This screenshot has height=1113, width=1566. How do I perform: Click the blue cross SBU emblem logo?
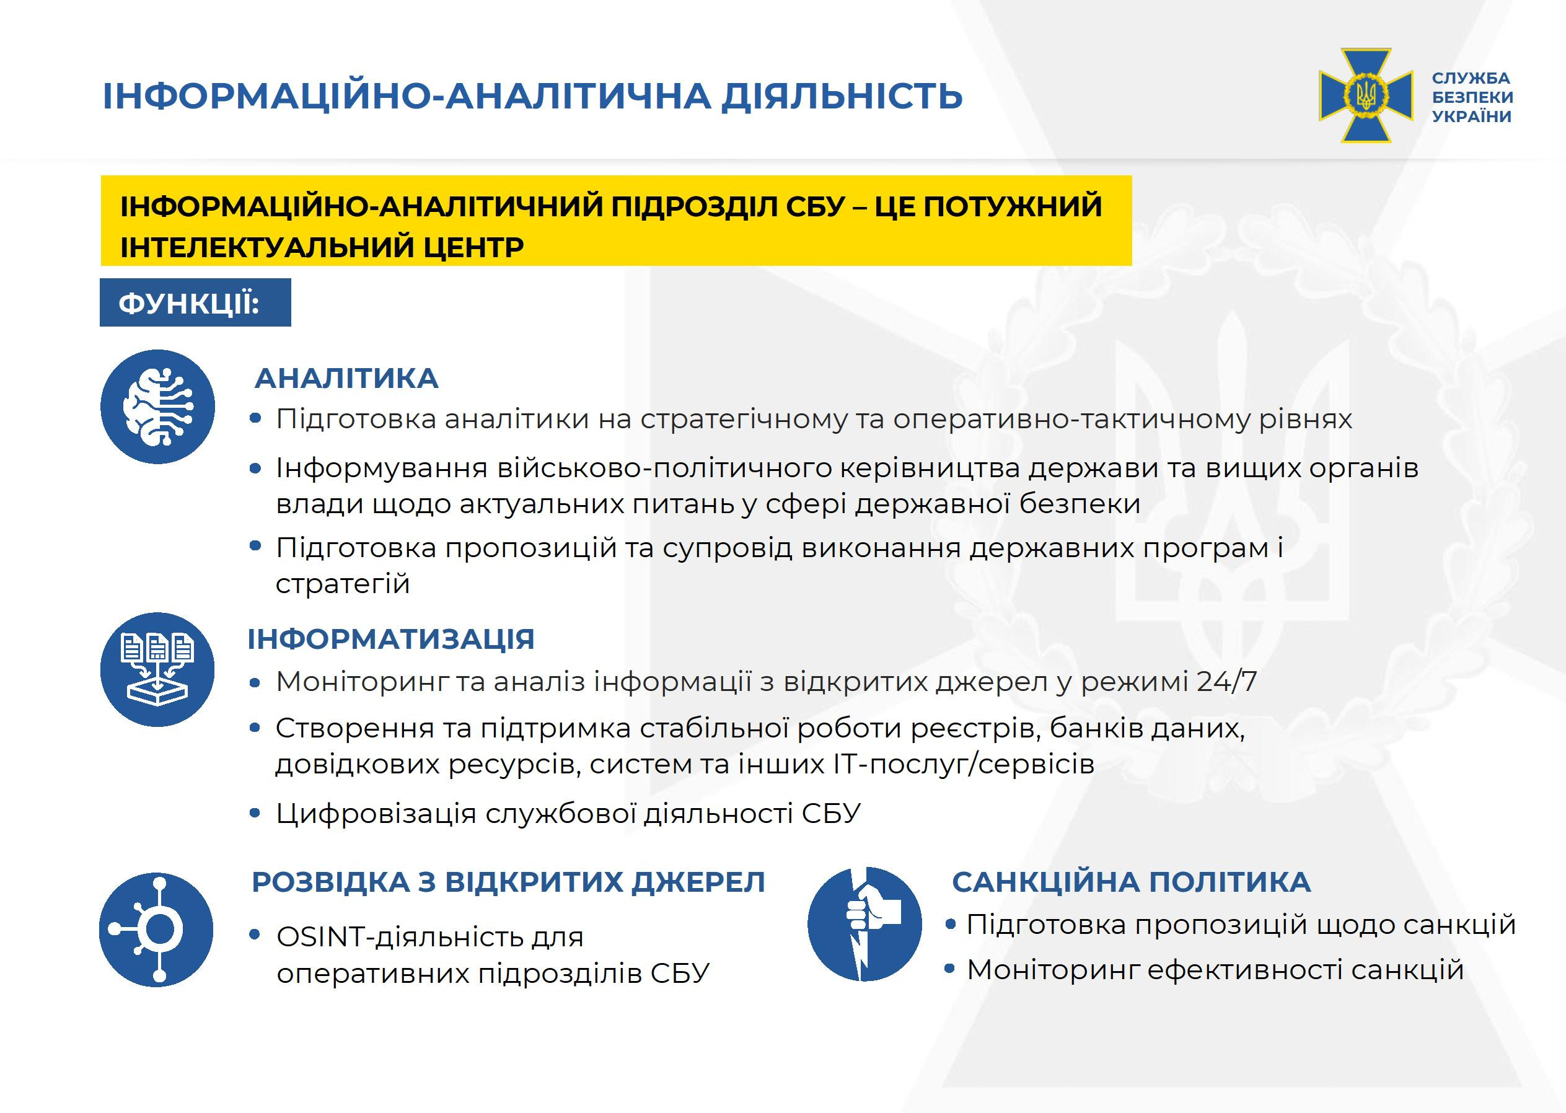(x=1365, y=95)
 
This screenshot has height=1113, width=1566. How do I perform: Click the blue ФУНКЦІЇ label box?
(x=195, y=302)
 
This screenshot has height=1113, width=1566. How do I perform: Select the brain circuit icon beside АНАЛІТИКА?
(x=157, y=407)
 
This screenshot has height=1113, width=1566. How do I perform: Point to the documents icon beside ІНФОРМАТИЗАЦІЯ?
(x=157, y=669)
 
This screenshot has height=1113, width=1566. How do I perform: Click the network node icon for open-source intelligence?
(x=156, y=930)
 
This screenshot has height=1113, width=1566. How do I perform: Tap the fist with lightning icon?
(x=865, y=924)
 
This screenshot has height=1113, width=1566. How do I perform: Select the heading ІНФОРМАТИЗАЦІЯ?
(x=390, y=639)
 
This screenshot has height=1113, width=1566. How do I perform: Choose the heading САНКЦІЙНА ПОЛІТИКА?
(x=1132, y=882)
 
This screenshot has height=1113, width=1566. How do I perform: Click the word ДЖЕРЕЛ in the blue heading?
(x=698, y=882)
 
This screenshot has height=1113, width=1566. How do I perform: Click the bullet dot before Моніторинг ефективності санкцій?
(x=950, y=969)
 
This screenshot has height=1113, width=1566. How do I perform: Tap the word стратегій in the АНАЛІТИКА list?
(x=343, y=584)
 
